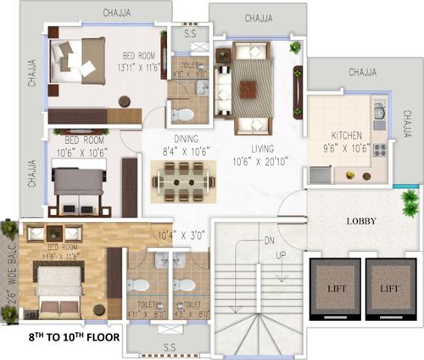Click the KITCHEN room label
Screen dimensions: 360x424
[347, 135]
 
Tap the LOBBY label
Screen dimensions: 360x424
[360, 221]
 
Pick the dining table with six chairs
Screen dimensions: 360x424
[182, 180]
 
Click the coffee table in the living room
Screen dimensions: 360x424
[250, 86]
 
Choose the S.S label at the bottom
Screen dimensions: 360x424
[170, 347]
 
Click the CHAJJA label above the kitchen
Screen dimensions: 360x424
[362, 73]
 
